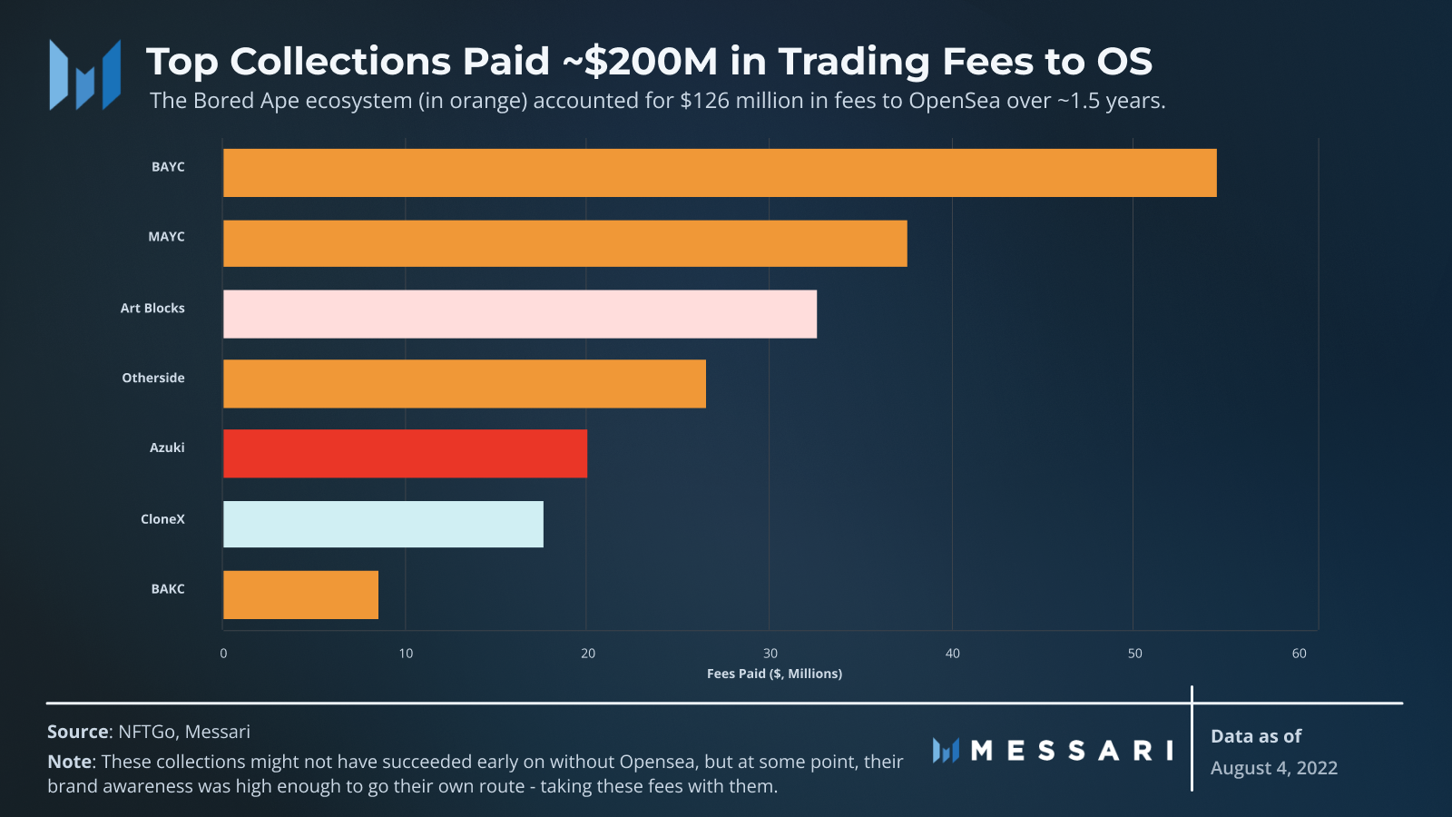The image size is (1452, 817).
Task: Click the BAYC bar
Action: [x=720, y=172]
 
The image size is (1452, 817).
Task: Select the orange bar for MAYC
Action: [x=564, y=243]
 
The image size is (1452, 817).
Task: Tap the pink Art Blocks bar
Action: [x=520, y=314]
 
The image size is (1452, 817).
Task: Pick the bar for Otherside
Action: [x=465, y=384]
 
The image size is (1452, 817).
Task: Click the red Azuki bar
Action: [x=405, y=454]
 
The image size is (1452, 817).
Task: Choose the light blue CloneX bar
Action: [x=383, y=524]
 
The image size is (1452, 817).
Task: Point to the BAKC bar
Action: [x=300, y=595]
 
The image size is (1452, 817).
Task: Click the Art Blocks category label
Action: [x=152, y=309]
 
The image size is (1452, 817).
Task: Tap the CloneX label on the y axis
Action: [x=162, y=519]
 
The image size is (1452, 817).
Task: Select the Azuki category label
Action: [x=167, y=448]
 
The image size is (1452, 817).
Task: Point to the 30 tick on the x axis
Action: [x=770, y=654]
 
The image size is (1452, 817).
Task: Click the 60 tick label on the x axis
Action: [x=1300, y=654]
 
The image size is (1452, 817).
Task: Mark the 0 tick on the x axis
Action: [x=223, y=654]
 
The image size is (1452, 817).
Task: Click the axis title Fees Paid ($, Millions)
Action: [x=774, y=674]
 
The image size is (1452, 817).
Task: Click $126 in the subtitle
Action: [x=705, y=101]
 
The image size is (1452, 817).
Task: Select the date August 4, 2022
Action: [x=1274, y=768]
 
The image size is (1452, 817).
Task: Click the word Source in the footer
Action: [x=78, y=732]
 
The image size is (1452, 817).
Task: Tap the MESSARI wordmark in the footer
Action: [x=1072, y=751]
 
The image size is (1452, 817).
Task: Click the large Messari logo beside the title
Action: [x=85, y=74]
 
